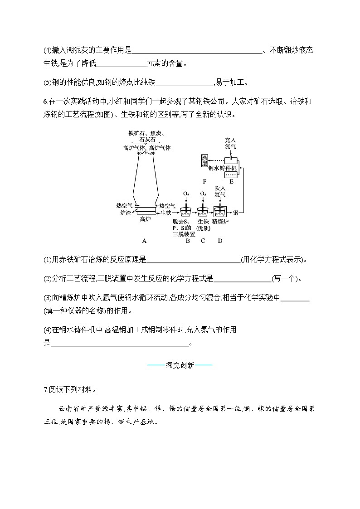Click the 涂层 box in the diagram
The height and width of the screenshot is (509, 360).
click(204, 160)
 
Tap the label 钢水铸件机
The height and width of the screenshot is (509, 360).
click(223, 168)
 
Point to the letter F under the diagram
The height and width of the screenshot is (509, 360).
click(205, 182)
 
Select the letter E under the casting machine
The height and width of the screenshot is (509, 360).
click(231, 182)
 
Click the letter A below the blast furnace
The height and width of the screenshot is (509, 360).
click(144, 241)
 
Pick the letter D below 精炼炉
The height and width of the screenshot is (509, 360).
click(220, 241)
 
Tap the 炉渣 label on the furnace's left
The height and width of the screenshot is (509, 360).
click(126, 212)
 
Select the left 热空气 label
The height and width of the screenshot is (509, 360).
click(124, 205)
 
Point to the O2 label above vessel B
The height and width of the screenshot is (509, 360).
click(186, 194)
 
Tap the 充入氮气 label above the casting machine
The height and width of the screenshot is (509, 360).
click(231, 144)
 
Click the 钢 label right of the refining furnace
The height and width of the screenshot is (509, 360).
click(235, 212)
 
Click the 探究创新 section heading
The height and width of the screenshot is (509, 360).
click(180, 365)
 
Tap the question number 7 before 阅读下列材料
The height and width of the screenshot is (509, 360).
click(45, 389)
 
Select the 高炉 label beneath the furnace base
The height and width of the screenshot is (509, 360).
click(145, 219)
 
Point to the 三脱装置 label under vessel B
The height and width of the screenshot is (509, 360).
click(184, 234)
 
